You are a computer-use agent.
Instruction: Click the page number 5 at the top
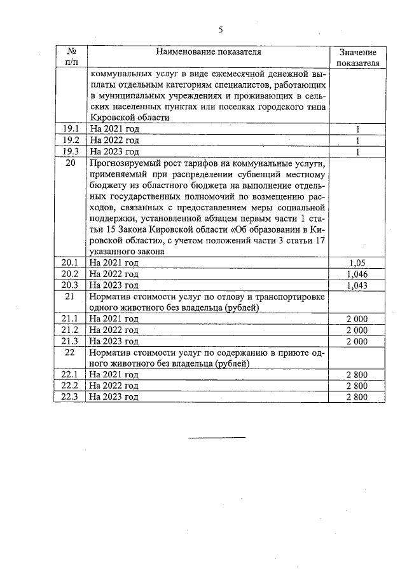tap(221, 29)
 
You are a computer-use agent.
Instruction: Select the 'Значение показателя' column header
tap(357, 58)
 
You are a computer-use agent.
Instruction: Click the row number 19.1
tap(70, 129)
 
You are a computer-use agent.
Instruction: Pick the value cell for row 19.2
tap(357, 140)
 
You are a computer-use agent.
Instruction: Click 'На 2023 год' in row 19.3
tap(114, 152)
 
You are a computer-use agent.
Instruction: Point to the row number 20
tap(71, 163)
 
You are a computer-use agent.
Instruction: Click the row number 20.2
tap(70, 274)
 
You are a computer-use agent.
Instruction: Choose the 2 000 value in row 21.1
tap(357, 319)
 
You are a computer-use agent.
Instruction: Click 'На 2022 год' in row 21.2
tap(114, 330)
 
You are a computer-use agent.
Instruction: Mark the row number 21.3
tap(70, 342)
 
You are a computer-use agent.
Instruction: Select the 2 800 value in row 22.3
tap(357, 398)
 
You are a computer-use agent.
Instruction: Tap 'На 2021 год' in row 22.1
tap(114, 375)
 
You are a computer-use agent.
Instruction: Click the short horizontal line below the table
tap(217, 437)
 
